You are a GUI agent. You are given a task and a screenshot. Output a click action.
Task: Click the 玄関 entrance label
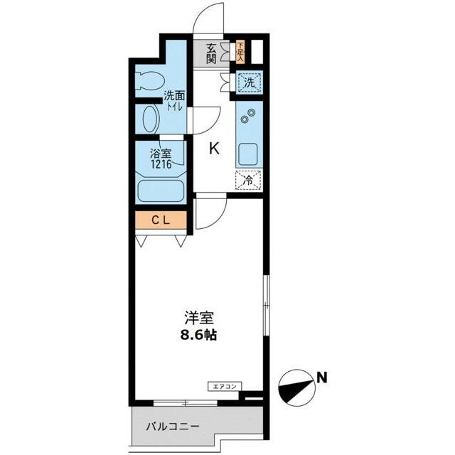[211, 53]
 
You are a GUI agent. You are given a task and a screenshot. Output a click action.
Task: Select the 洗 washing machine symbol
[250, 82]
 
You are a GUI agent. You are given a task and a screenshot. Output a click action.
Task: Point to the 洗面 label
[175, 96]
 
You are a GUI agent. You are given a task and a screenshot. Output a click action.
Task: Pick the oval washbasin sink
[150, 119]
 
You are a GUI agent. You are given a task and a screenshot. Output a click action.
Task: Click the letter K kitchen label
[213, 149]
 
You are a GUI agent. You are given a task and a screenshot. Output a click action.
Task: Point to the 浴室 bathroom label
[160, 153]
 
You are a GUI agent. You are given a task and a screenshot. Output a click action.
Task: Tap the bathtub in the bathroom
[161, 191]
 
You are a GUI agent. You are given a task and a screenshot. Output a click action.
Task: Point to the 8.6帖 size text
[198, 335]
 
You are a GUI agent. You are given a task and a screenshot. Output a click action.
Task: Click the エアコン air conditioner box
[224, 387]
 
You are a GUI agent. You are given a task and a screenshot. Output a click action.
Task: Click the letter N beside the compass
[323, 378]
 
